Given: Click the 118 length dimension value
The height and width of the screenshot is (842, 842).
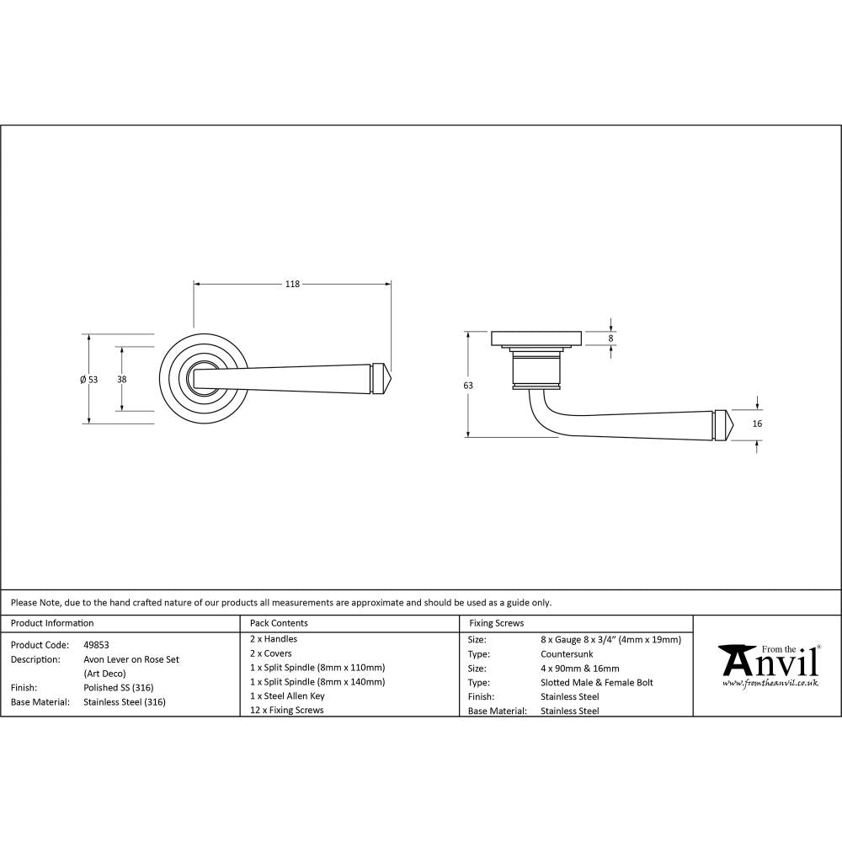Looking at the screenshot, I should (x=291, y=285).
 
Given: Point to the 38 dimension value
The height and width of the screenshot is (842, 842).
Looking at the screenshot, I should (x=122, y=379).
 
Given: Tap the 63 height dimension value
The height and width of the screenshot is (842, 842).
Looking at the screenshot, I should (x=468, y=385).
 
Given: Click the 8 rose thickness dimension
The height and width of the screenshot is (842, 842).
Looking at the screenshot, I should (x=611, y=338).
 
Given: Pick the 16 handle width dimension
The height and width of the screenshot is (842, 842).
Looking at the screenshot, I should (x=757, y=424).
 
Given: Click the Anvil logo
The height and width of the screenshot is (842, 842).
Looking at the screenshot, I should (x=768, y=666).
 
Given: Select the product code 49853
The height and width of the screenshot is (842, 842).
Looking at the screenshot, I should (x=97, y=644).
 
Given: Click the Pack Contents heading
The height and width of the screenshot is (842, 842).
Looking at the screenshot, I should (x=279, y=623).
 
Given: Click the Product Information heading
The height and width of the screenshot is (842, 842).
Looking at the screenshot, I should (x=52, y=623).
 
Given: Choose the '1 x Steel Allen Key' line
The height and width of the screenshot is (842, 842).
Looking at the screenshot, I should (x=287, y=696).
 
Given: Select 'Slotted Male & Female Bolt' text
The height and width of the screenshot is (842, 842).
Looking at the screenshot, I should (x=596, y=682).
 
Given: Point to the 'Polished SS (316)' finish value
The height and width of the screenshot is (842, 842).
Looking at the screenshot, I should (x=119, y=687).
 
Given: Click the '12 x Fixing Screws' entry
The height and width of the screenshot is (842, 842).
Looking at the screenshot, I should (x=286, y=710).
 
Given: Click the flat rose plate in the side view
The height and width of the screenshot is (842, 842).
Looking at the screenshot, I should (x=536, y=338).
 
